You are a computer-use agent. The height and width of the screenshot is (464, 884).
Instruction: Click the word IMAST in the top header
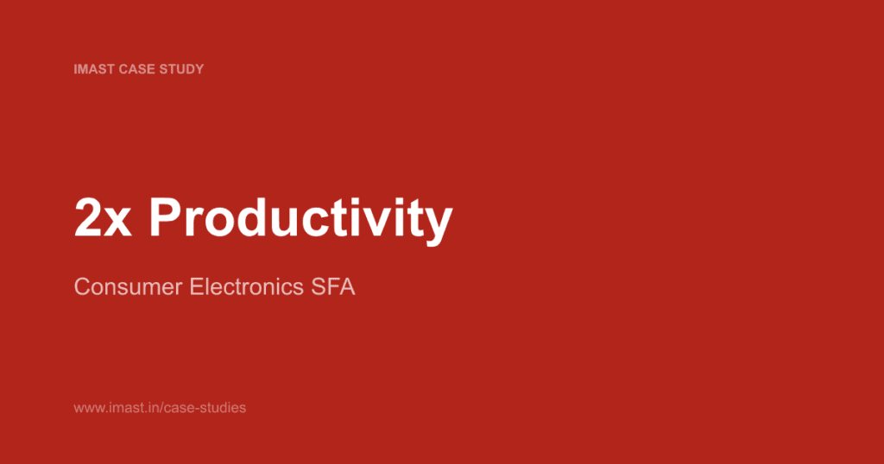point(93,69)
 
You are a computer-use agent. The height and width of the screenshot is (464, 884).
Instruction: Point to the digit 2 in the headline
point(88,219)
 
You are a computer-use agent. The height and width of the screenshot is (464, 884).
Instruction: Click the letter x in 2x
point(117,223)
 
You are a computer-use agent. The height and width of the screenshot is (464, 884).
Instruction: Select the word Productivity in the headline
point(300,220)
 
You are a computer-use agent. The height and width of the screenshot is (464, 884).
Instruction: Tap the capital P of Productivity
point(166,219)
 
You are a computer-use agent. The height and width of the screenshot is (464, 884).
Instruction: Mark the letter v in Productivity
point(382,223)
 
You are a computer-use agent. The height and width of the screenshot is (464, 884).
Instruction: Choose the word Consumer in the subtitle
point(129,287)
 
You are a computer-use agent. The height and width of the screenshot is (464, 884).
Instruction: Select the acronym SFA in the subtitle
point(334,287)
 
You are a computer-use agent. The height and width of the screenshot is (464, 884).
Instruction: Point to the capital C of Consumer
point(83,287)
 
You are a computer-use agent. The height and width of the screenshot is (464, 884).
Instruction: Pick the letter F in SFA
point(334,287)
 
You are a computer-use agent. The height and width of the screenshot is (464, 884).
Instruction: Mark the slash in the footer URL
point(157,407)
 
